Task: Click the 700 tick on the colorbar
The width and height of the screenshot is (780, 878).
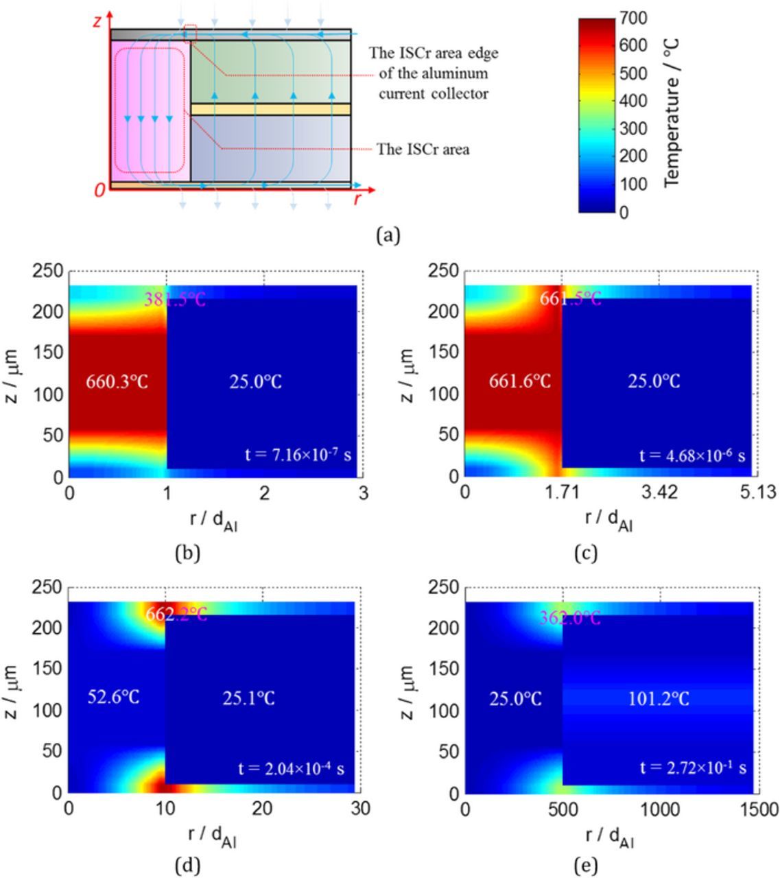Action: [x=633, y=18]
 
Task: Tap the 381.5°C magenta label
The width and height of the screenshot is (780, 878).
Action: [x=174, y=299]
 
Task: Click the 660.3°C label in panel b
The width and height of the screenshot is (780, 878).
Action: [x=117, y=381]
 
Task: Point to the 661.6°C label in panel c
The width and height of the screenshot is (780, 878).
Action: [x=519, y=381]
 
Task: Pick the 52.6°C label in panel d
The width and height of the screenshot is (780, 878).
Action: [x=114, y=698]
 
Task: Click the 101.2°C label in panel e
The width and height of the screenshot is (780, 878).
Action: [x=659, y=699]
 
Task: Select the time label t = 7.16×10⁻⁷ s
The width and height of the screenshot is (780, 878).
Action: [x=298, y=454]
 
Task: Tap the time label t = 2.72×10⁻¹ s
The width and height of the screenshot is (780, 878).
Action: [x=693, y=768]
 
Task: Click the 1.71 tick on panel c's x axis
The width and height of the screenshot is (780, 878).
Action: [x=562, y=493]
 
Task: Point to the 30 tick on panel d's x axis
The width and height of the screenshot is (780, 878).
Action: [x=360, y=809]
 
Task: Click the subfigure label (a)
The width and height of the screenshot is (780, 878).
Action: [x=388, y=235]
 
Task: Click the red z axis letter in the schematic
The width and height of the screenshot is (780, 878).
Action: [x=97, y=21]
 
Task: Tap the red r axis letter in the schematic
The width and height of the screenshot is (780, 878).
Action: [x=357, y=200]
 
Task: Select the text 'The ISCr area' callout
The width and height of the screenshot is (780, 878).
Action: [x=423, y=149]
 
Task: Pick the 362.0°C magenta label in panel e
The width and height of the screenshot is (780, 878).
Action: [x=569, y=618]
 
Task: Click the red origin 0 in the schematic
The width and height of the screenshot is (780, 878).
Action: [x=100, y=190]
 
